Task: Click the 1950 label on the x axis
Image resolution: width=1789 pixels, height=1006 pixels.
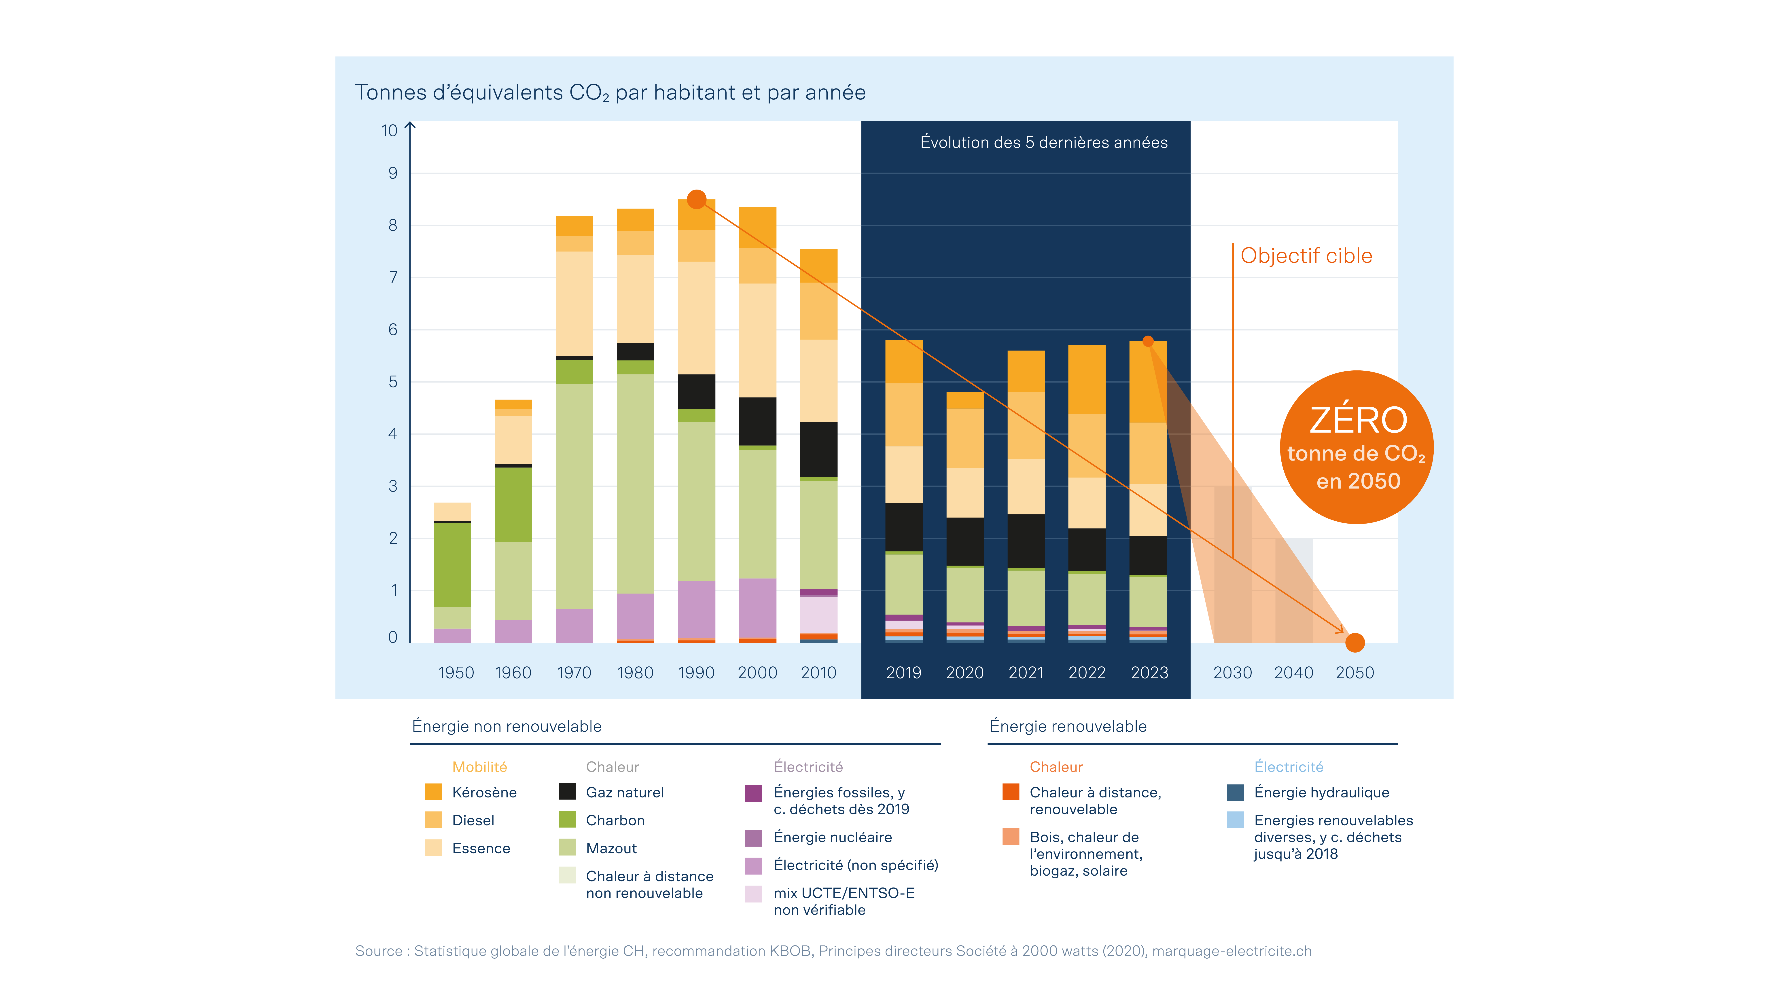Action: pos(456,673)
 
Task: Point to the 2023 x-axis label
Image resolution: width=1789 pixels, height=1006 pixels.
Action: pos(1149,673)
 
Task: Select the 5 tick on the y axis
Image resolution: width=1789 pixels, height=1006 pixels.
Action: pos(393,382)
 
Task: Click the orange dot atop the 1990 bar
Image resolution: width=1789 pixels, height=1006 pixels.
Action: pos(697,199)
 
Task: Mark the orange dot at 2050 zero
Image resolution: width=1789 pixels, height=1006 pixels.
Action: pos(1355,643)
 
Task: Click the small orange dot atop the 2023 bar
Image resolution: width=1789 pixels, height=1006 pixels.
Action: pos(1148,341)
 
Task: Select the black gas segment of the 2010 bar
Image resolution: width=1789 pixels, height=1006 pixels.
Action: pos(819,449)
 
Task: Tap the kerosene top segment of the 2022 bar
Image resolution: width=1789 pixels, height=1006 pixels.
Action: pos(1087,380)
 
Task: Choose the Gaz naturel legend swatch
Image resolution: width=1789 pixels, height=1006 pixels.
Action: pos(567,792)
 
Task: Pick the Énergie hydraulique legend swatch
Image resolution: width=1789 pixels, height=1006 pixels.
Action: pos(1236,792)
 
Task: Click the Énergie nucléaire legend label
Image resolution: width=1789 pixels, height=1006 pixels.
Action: pos(833,837)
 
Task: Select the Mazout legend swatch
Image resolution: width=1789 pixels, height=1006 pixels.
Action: pos(567,848)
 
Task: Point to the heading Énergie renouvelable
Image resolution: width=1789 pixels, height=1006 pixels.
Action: pos(1068,726)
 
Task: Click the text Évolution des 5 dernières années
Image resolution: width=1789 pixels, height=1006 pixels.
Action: pos(1044,142)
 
